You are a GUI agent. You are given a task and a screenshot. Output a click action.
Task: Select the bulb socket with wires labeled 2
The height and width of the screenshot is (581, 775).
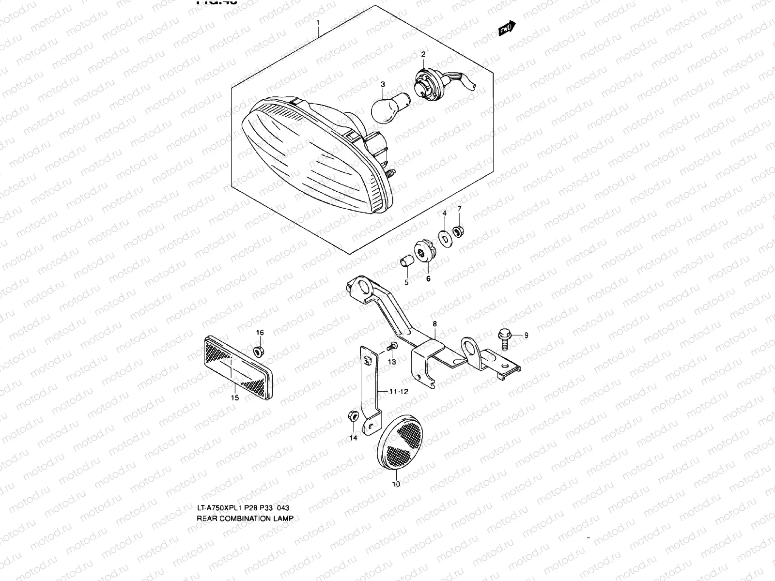426,83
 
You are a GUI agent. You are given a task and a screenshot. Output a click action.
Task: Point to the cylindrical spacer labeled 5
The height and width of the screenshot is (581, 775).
406,262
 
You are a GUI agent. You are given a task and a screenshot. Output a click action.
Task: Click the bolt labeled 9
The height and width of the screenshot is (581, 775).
503,336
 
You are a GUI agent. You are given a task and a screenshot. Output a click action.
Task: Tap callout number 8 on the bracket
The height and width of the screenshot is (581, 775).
434,323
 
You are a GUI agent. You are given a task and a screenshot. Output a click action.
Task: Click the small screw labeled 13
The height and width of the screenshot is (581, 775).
393,346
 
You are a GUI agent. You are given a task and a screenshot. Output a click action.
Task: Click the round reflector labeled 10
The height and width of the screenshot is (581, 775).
399,442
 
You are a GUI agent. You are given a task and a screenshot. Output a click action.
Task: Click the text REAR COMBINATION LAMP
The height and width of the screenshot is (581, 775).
245,518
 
